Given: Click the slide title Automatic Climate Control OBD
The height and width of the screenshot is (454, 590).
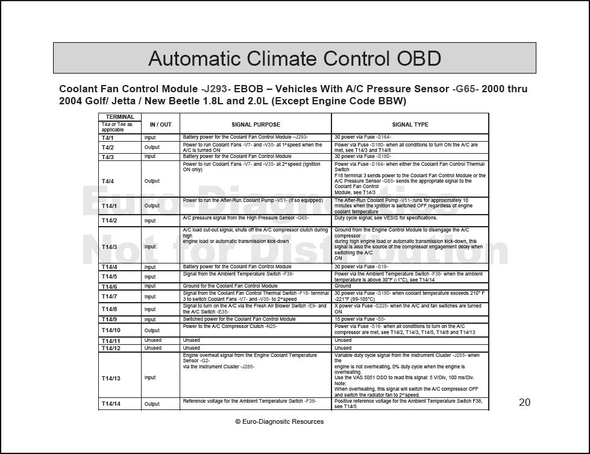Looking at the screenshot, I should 294,58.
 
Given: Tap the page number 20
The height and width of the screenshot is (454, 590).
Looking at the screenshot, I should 524,402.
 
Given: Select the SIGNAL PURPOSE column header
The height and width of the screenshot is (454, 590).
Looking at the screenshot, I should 256,125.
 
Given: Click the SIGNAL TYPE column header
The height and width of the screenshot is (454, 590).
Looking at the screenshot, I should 410,125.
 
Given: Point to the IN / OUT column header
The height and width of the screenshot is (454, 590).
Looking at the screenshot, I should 160,125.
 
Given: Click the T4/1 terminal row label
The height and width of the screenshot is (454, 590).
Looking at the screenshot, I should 108,138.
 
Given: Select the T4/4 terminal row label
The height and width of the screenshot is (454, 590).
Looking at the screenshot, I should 108,181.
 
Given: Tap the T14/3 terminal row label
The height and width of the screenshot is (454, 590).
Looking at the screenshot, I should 110,247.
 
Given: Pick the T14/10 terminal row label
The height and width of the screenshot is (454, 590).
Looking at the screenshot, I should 111,330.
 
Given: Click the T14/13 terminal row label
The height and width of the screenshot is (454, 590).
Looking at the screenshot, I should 111,378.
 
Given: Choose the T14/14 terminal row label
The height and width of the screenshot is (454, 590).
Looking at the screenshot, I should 111,404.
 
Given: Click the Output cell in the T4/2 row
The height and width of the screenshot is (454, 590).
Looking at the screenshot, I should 152,147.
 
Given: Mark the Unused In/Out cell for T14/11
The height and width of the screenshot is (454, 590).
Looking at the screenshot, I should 153,340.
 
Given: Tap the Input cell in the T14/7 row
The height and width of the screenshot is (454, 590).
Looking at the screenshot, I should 150,296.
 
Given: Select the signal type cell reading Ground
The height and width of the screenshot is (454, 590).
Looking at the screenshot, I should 343,286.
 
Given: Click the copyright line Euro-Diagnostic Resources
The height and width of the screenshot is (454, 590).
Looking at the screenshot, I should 279,421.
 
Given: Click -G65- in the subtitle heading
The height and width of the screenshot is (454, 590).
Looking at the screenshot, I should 465,89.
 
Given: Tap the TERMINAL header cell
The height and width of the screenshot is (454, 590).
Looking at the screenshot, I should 120,117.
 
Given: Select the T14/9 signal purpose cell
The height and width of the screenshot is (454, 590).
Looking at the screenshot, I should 239,319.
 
